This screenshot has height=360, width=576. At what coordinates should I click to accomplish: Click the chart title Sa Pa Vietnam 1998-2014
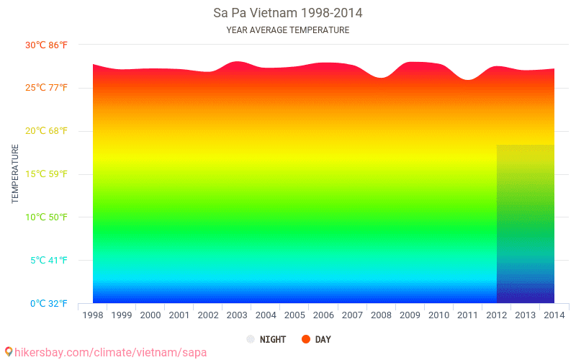point(288,13)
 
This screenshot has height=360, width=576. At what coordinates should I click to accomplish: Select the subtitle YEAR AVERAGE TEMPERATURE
point(288,30)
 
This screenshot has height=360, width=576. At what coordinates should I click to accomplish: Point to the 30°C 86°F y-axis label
point(46,45)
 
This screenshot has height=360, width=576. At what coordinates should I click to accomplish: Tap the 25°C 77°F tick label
point(46,88)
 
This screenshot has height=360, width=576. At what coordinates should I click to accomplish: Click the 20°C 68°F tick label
point(46,131)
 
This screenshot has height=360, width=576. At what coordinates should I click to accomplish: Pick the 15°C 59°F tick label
point(46,174)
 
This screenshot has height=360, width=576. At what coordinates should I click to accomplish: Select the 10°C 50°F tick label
point(46,217)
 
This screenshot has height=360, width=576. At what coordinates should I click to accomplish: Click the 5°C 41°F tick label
point(48,261)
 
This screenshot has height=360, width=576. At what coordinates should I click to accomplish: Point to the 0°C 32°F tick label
point(48,304)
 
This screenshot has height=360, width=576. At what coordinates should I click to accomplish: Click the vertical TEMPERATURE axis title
point(15,174)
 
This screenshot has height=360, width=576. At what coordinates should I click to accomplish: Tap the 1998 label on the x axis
point(93,315)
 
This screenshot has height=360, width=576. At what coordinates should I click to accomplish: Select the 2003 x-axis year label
point(237,315)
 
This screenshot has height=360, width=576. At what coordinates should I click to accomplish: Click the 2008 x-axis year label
point(381,315)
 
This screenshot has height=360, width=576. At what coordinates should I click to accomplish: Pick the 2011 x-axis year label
point(467,315)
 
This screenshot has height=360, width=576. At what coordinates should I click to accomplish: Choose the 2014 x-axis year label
point(554,315)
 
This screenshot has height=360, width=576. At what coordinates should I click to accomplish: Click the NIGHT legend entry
point(266,339)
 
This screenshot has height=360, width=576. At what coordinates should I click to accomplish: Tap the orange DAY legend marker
point(305,339)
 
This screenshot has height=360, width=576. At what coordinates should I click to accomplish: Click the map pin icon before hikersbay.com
point(8,352)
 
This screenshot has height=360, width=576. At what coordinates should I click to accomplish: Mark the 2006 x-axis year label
point(323,315)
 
